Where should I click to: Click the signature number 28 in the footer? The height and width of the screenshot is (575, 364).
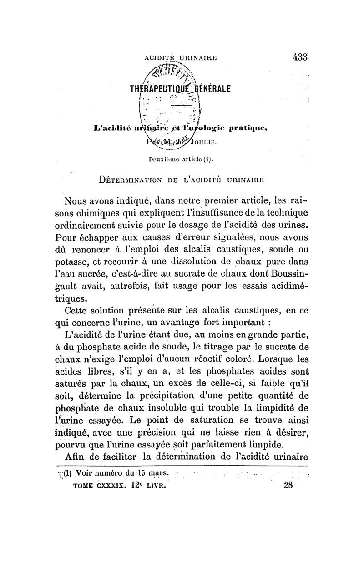click(289, 485)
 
